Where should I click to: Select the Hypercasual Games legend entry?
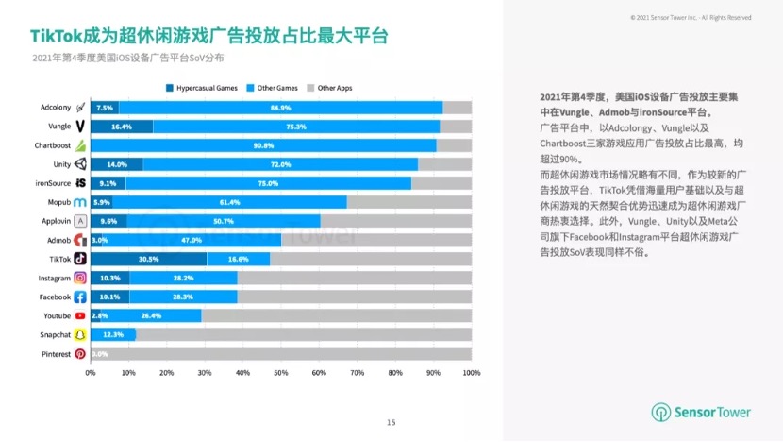point(202,88)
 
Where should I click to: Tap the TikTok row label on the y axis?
point(60,258)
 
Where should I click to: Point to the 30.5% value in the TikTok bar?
point(148,258)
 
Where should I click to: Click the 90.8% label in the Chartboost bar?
point(263,145)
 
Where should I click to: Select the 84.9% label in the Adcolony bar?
point(280,108)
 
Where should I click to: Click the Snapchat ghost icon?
point(80,334)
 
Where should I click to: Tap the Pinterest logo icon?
point(80,353)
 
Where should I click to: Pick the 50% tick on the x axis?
point(281,373)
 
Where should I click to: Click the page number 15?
point(391,421)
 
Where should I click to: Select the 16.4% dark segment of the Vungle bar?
point(121,127)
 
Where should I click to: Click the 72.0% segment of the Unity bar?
point(280,164)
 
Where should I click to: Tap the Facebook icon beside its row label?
point(80,297)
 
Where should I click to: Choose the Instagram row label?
point(54,278)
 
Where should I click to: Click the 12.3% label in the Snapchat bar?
point(113,334)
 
